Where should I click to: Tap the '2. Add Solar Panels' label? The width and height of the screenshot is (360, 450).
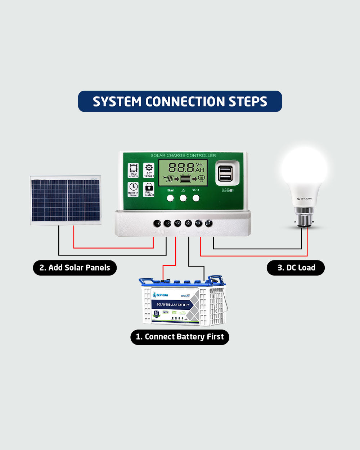75,268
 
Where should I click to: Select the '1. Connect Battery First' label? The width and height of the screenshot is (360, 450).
180,337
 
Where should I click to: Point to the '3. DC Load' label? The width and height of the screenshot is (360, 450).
296,268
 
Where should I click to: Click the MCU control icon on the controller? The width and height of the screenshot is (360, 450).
134,170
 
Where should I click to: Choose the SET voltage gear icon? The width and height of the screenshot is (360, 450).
149,170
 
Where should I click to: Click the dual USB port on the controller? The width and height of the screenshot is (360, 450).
225,174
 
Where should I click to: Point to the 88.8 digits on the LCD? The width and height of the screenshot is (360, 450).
181,168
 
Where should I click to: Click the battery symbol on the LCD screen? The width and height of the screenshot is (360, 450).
186,179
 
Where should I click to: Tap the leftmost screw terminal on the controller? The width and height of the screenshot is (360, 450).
157,223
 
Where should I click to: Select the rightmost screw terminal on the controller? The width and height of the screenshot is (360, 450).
209,223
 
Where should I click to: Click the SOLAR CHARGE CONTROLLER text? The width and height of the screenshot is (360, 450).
183,155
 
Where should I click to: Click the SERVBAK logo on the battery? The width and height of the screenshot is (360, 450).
161,295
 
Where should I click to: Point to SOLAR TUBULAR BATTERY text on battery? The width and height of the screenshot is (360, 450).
173,305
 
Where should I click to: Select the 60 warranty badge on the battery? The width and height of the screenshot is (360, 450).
157,313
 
